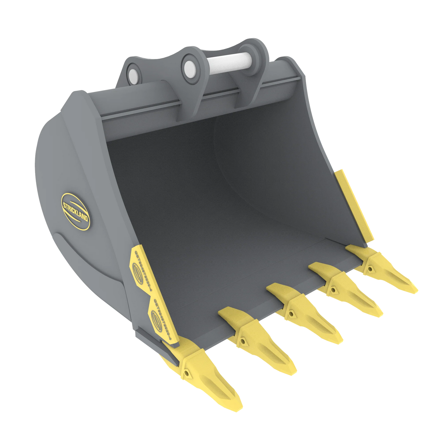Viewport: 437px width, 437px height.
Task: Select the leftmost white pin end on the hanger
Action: [x=133, y=74]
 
